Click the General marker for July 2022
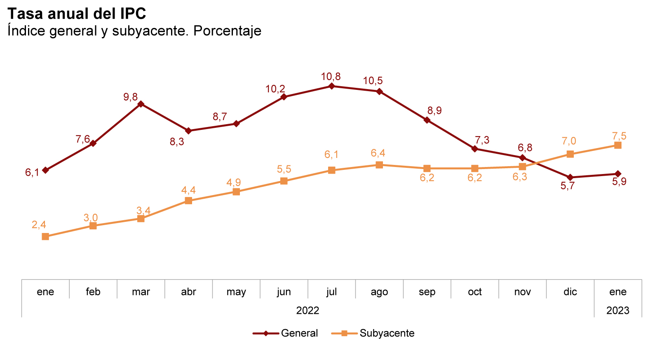(331, 86)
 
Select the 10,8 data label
(331, 77)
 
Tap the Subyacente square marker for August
(379, 165)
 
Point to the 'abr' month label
(188, 292)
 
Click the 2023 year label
(617, 311)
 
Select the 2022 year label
(308, 311)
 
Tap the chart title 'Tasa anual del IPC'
(77, 14)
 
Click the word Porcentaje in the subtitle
(227, 31)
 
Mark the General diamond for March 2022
(141, 104)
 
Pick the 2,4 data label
(39, 225)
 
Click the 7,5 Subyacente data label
(619, 136)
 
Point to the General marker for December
(570, 177)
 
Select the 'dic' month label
(570, 292)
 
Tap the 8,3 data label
(177, 142)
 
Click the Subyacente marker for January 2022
(45, 237)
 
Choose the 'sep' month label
(427, 292)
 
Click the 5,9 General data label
(619, 182)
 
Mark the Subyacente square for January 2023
(617, 145)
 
